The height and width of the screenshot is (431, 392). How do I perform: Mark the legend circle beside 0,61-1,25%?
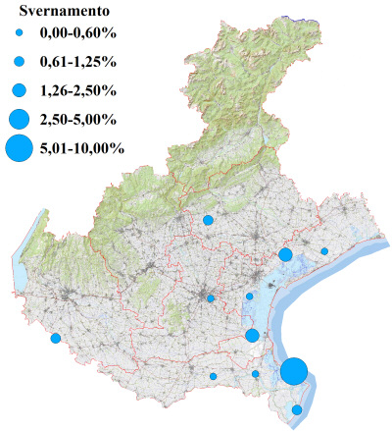pos(19,64)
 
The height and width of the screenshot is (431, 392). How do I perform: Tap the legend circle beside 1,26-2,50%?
pos(19,91)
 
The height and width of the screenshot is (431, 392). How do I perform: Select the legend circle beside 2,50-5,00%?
pos(19,120)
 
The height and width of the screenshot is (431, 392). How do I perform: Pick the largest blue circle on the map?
pos(293,371)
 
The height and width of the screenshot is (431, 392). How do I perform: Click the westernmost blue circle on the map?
pos(56,339)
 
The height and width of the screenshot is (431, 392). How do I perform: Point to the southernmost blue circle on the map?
pos(298,409)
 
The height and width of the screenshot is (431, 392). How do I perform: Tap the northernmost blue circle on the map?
pos(208,221)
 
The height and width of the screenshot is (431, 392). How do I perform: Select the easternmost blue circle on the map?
pos(324,251)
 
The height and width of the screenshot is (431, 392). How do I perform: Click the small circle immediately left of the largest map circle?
pos(256,374)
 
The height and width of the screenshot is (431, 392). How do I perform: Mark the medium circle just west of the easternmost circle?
pos(285,255)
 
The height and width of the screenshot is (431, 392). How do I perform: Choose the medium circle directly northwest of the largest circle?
pos(253,336)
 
